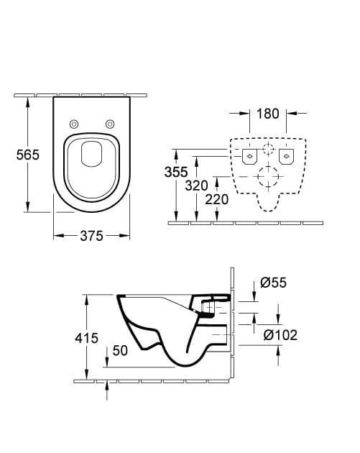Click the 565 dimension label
click(28, 155)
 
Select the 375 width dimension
click(91, 236)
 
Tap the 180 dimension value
click(268, 114)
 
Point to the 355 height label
click(176, 172)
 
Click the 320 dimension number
click(197, 186)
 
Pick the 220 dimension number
click(217, 199)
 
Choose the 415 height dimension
click(87, 338)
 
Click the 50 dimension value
click(120, 350)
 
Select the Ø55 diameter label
click(273, 283)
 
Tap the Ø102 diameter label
click(280, 335)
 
